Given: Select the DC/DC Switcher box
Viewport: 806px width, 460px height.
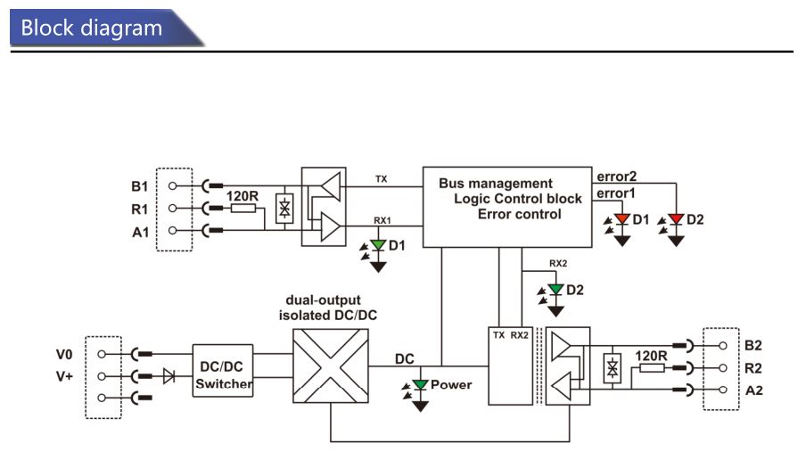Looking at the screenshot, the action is click(223, 371).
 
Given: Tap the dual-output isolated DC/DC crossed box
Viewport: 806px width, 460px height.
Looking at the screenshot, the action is click(331, 366).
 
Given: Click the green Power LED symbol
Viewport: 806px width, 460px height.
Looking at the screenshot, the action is click(421, 384).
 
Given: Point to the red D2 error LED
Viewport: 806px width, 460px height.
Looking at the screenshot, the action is click(676, 219).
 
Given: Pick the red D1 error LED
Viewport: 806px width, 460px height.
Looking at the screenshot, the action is click(622, 219).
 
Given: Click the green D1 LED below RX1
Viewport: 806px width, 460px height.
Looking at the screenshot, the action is click(378, 246).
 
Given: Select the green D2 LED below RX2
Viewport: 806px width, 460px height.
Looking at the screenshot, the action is click(555, 290).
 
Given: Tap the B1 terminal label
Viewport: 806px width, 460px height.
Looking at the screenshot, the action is click(139, 186).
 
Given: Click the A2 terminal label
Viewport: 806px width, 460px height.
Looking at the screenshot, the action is click(753, 390).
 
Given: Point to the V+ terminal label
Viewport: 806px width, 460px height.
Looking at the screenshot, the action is click(64, 377).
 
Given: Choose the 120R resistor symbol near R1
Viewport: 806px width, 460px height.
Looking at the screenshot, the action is click(243, 208).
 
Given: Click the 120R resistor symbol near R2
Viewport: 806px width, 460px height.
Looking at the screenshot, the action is click(652, 368).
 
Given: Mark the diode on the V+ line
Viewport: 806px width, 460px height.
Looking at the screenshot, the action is click(169, 376).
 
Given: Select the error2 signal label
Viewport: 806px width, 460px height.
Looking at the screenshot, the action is click(616, 177).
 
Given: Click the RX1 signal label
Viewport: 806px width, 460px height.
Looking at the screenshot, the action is click(382, 220).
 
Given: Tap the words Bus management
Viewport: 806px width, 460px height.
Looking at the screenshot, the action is click(496, 184).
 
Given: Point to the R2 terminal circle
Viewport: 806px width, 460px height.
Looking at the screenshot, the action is click(723, 368).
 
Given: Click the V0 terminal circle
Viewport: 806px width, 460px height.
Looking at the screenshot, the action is click(102, 354).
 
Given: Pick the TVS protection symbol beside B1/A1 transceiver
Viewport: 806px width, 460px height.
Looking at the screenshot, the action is click(284, 208).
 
